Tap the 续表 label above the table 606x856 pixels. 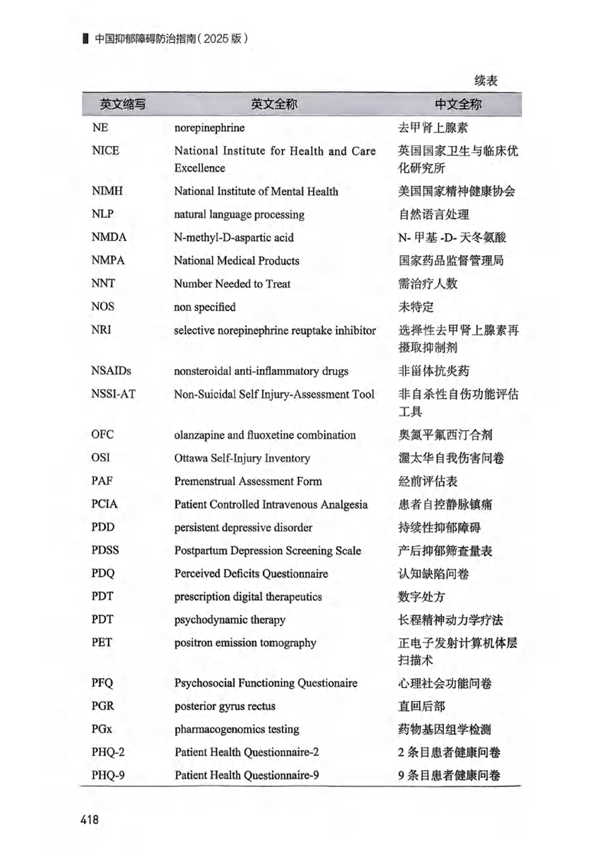coord(487,81)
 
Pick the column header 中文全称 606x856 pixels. coord(458,104)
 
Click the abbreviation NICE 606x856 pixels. coord(105,151)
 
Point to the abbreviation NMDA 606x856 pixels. coord(109,237)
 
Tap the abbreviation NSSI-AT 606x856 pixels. coord(114,394)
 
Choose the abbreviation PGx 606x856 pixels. coord(103,729)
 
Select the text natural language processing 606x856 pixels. coord(239,214)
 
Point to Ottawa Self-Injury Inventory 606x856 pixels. coord(242,458)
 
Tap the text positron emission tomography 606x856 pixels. coord(245,643)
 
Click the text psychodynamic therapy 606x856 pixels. coord(230,620)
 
